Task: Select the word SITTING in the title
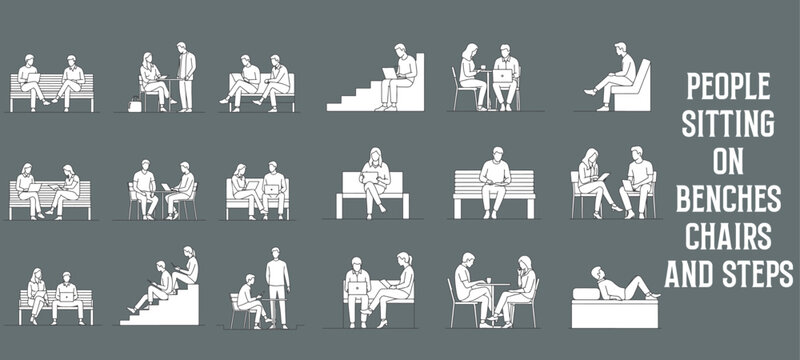point(728,125)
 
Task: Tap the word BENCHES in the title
point(728,201)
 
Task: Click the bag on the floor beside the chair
point(134,103)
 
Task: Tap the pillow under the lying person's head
point(585,292)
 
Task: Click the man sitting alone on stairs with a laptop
point(401,76)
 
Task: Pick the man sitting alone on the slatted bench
point(494,181)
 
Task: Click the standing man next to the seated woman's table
point(185,75)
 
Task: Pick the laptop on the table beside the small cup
point(500,76)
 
